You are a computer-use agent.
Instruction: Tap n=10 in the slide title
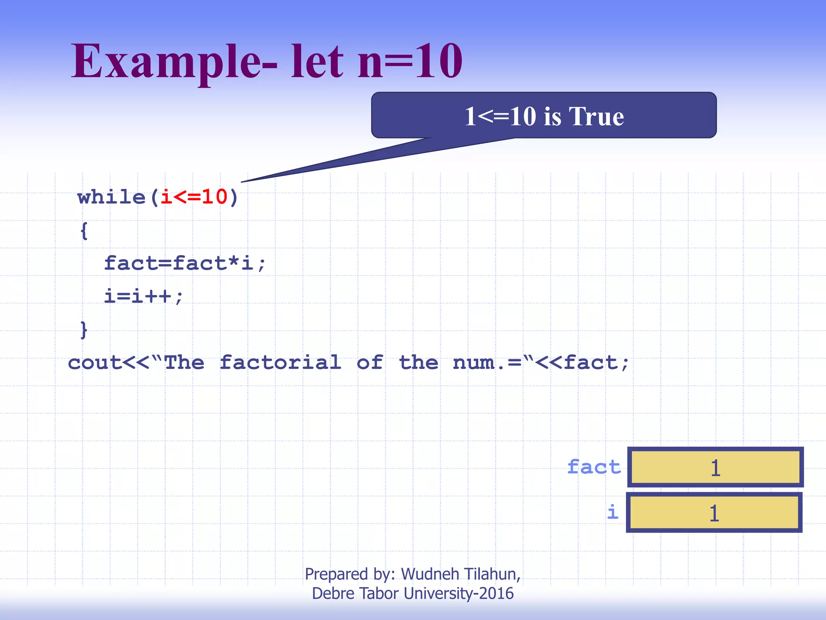pyautogui.click(x=410, y=61)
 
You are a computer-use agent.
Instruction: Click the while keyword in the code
pyautogui.click(x=111, y=197)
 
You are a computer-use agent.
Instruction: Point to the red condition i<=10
pyautogui.click(x=194, y=197)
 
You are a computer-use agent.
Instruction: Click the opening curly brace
pyautogui.click(x=84, y=231)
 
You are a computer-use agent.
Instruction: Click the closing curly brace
pyautogui.click(x=84, y=330)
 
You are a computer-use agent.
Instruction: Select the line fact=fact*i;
pyautogui.click(x=185, y=263)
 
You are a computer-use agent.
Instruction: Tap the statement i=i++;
pyautogui.click(x=144, y=296)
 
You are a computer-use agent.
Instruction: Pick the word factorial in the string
pyautogui.click(x=280, y=362)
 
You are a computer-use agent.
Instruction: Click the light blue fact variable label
pyautogui.click(x=594, y=467)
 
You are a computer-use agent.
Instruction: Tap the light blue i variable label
pyautogui.click(x=613, y=512)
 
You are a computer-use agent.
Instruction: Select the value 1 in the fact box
pyautogui.click(x=715, y=468)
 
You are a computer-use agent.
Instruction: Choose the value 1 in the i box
pyautogui.click(x=714, y=513)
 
